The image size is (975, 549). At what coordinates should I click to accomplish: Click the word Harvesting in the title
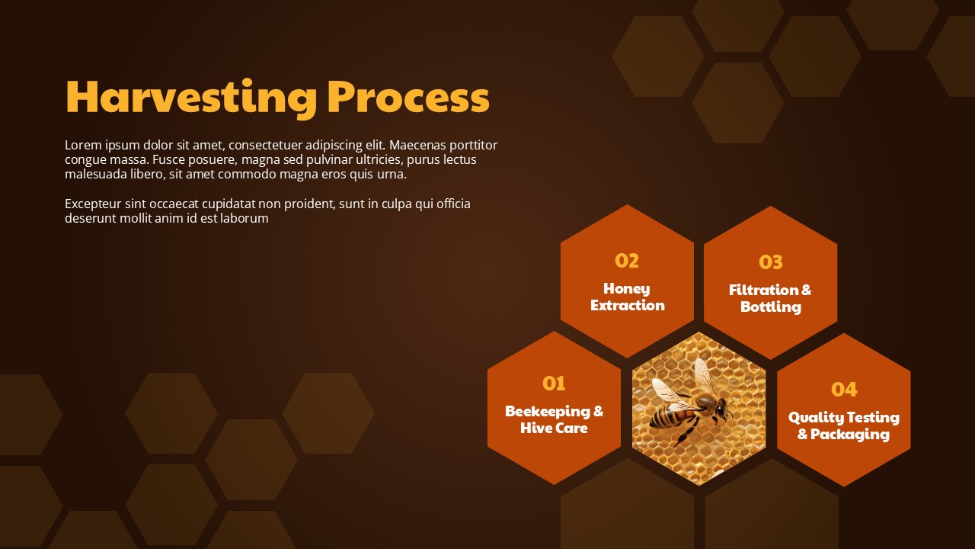(x=190, y=98)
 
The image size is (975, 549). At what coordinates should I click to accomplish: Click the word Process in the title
(x=408, y=97)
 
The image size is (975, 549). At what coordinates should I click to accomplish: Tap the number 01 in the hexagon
(x=554, y=384)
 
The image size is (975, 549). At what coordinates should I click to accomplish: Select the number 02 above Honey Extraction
(x=627, y=261)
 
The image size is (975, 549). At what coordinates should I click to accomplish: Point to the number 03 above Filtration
(x=770, y=262)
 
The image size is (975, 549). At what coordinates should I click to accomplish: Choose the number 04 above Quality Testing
(x=844, y=390)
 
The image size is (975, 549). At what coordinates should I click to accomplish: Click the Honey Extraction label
(x=627, y=297)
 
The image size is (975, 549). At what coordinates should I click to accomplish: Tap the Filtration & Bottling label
(x=770, y=298)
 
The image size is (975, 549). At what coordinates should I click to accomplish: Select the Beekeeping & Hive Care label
(x=554, y=419)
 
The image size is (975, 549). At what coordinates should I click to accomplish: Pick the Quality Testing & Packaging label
(x=844, y=425)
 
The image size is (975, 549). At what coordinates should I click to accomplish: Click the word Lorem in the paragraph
(x=83, y=145)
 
